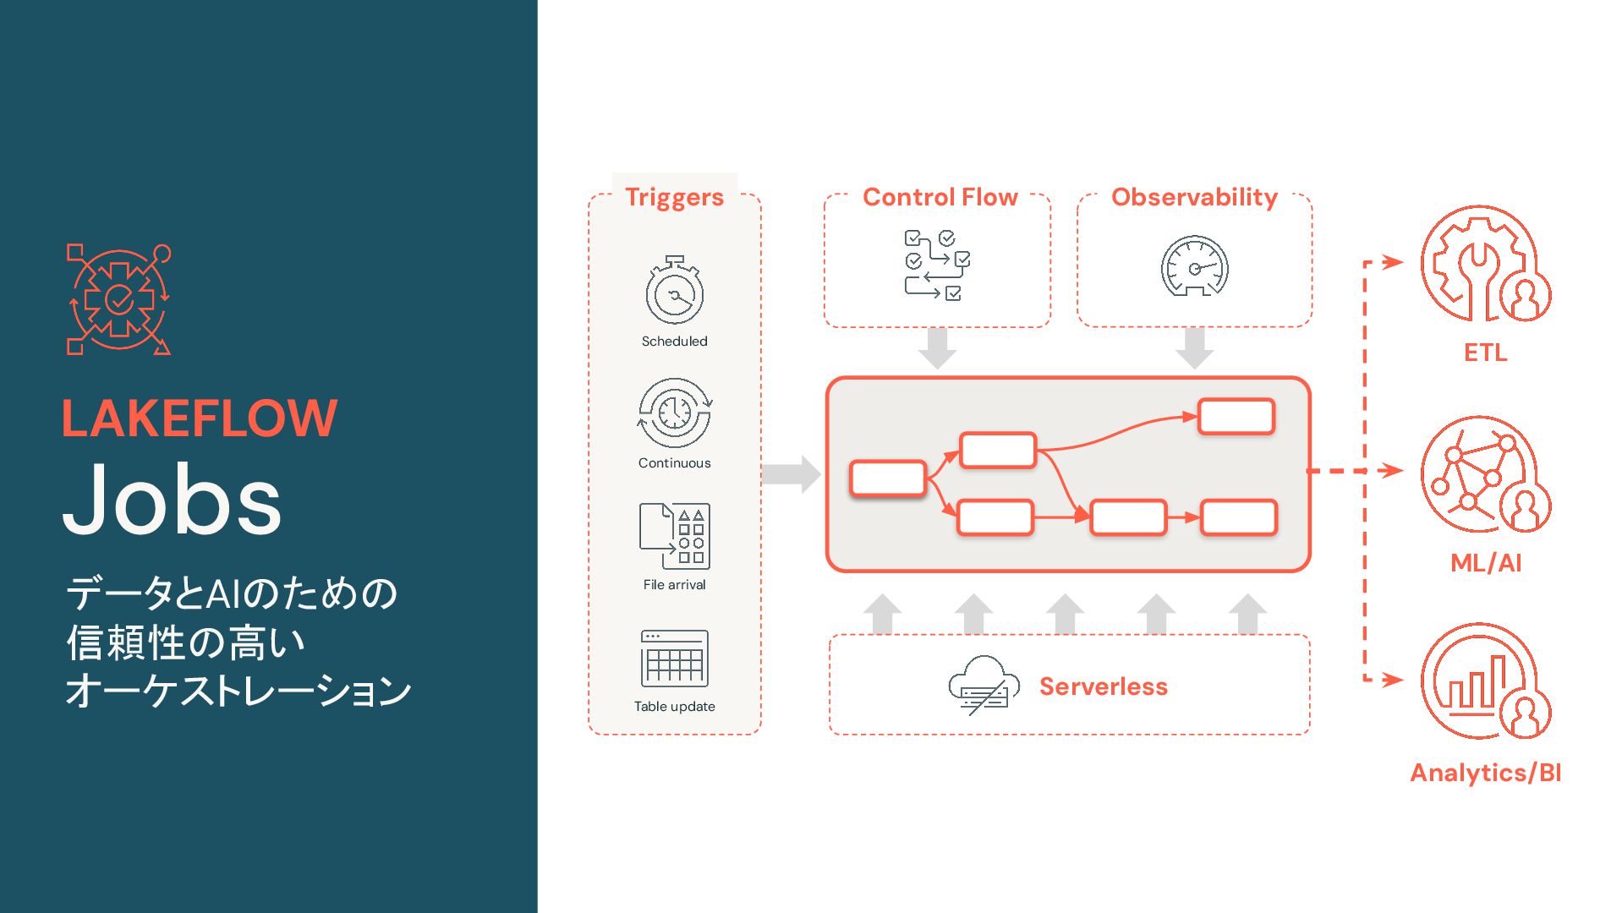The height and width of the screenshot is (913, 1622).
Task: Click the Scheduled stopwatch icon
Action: pos(674,291)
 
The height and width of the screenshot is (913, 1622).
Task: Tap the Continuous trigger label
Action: pos(674,462)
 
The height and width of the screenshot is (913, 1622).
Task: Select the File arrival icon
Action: pos(674,536)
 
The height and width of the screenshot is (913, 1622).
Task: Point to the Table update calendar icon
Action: pos(674,659)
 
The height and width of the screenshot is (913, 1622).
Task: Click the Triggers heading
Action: pos(674,197)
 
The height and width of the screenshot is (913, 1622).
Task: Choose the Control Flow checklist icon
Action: pos(937,265)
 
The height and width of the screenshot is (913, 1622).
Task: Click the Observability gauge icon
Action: pos(1194,266)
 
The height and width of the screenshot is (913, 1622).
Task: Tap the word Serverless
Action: pos(1103,686)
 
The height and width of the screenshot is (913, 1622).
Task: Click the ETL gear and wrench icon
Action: pos(1484,265)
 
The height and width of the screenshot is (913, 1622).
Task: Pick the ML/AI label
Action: pos(1485,563)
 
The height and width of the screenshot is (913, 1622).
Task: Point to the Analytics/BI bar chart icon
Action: pos(1484,682)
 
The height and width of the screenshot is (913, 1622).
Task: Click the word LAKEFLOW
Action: pos(200,418)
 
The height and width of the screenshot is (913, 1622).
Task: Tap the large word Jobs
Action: pos(172,500)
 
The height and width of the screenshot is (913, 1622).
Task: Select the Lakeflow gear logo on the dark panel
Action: pos(118,300)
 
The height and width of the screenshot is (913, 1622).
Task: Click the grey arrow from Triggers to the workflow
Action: pos(791,474)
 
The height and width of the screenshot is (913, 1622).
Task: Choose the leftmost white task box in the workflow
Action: pos(887,478)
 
